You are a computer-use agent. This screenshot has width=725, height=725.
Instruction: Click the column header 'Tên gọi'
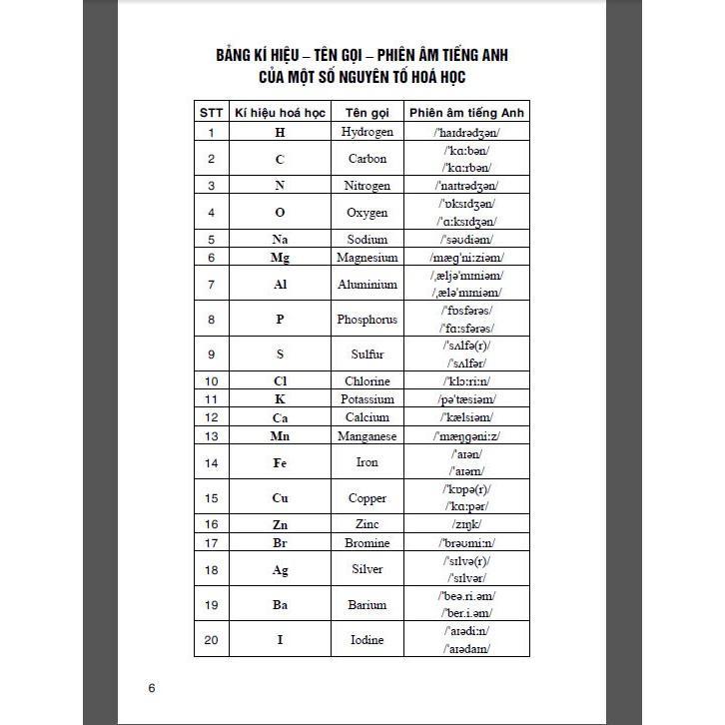(x=366, y=113)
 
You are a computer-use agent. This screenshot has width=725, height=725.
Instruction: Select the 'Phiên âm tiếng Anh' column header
(x=466, y=113)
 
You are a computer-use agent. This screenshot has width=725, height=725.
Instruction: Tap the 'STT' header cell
(x=211, y=113)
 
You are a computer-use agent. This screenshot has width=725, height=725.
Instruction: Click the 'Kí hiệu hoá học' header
(x=280, y=113)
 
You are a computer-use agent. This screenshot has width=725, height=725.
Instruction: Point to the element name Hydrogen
(x=366, y=132)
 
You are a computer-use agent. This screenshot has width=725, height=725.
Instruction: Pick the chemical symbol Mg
(x=280, y=258)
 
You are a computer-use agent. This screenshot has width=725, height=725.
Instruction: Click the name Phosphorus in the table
(x=366, y=320)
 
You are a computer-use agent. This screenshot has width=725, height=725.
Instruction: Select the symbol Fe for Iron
(x=280, y=462)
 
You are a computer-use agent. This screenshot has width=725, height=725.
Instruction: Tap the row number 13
(x=211, y=436)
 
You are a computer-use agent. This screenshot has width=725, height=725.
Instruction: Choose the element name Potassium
(x=366, y=398)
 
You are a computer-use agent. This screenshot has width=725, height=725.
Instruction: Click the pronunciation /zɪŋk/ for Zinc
(x=466, y=524)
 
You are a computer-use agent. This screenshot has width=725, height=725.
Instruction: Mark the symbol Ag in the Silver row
(x=280, y=569)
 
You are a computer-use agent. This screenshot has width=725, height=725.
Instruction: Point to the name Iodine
(x=366, y=640)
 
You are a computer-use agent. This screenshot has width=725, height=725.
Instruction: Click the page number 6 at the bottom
(x=152, y=688)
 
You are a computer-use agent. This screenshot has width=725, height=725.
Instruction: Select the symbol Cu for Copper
(x=280, y=497)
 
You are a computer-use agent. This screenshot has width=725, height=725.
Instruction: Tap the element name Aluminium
(x=366, y=285)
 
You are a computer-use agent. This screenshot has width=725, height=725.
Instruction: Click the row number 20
(x=211, y=640)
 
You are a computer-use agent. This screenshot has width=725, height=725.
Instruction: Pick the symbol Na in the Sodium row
(x=280, y=239)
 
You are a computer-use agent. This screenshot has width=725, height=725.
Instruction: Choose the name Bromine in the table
(x=366, y=543)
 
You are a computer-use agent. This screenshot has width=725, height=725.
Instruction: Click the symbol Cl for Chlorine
(x=280, y=380)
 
